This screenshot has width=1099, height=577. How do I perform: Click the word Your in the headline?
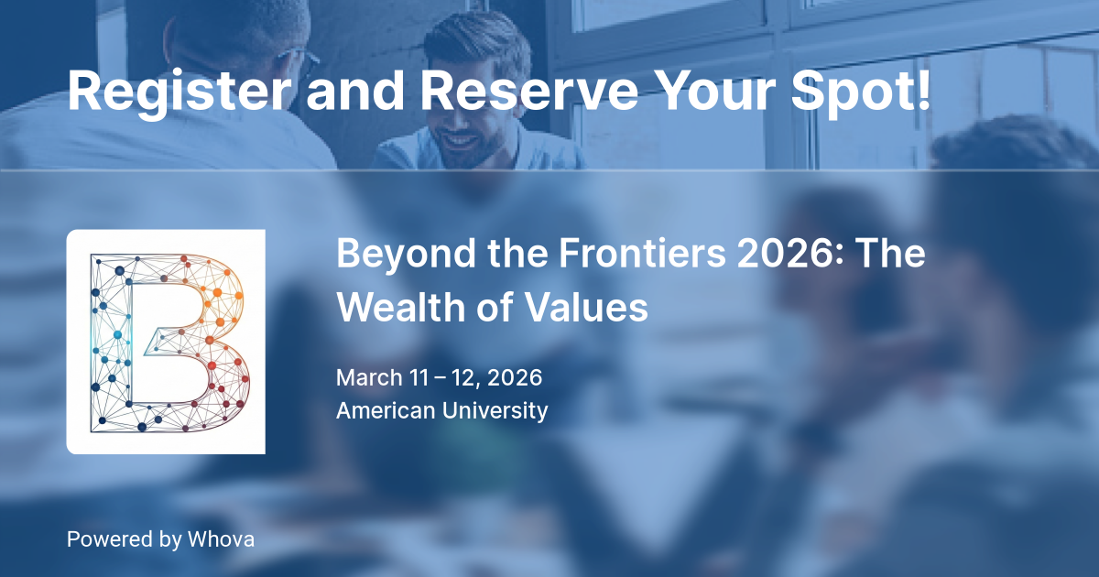tap(702, 92)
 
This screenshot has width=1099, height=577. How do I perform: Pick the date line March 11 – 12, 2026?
tap(439, 377)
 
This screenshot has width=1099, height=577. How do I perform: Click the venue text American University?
tap(441, 410)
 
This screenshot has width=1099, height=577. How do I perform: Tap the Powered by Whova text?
tap(160, 539)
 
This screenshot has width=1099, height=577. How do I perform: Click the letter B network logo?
tap(166, 342)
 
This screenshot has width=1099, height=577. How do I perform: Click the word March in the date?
tap(369, 377)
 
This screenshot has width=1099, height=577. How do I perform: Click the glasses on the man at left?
tap(307, 62)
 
